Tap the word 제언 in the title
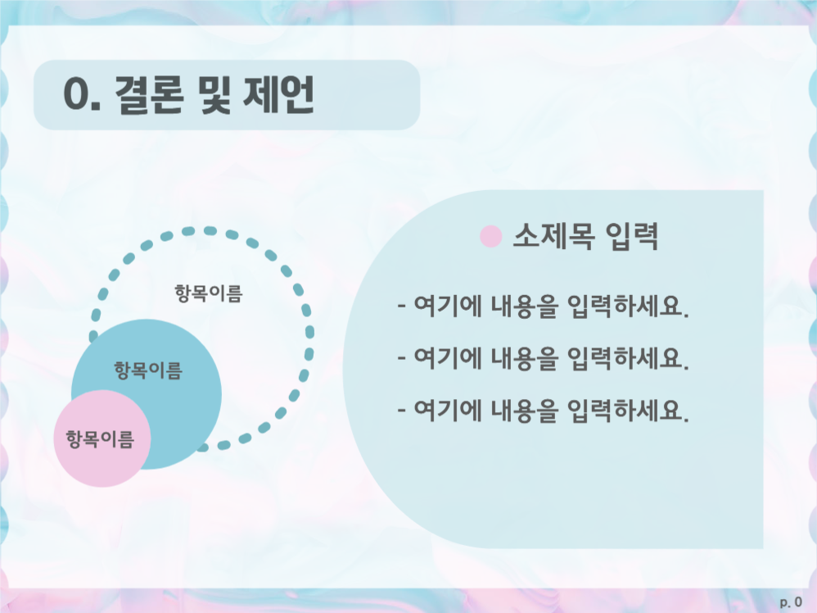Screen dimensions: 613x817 [x=279, y=96]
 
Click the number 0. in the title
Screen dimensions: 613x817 [x=82, y=97]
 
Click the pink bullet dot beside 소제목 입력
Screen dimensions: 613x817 [x=490, y=237]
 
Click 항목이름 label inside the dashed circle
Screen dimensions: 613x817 [x=208, y=293]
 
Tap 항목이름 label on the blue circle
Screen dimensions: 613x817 [x=147, y=370]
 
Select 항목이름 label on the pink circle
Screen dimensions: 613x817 [x=99, y=438]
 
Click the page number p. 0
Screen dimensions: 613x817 [x=791, y=602]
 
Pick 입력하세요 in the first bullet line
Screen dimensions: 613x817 [x=627, y=309]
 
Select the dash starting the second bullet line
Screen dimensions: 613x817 [x=401, y=359]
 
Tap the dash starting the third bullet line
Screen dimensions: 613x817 [x=401, y=409]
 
